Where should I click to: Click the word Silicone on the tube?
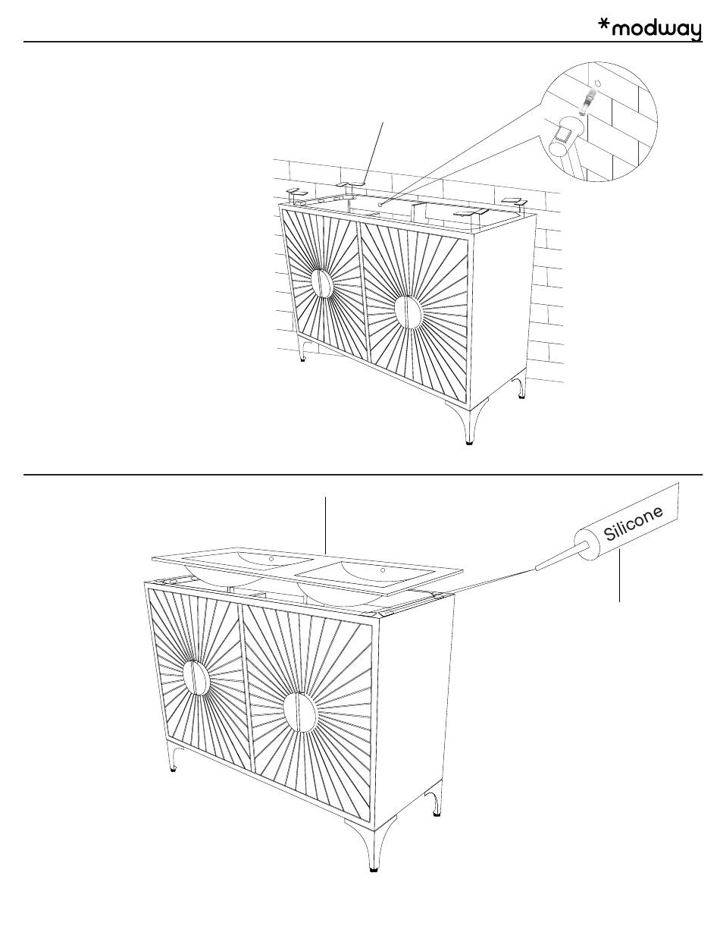pyautogui.click(x=633, y=523)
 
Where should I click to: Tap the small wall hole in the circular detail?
pyautogui.click(x=597, y=83)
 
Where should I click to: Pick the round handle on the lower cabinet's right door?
pyautogui.click(x=299, y=713)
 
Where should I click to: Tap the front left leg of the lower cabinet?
pyautogui.click(x=174, y=757)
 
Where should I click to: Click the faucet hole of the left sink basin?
pyautogui.click(x=271, y=559)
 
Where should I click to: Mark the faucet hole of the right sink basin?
pyautogui.click(x=383, y=570)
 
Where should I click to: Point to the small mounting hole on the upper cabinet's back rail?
pyautogui.click(x=380, y=203)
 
